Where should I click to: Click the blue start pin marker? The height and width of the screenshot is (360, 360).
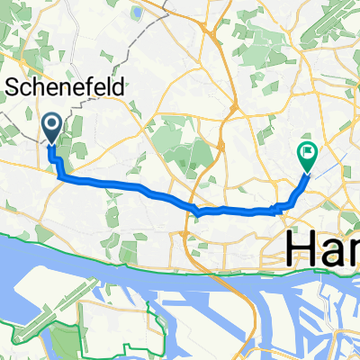(51, 128)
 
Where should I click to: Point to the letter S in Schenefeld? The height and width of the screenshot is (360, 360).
(14, 88)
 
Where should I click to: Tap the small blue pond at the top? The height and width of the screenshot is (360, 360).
(136, 13)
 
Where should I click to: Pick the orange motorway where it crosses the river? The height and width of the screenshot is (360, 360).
(188, 270)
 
